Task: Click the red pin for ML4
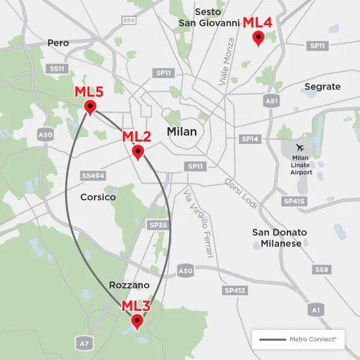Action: tap(258, 39)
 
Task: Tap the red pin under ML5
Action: tap(90, 107)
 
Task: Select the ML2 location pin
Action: tap(138, 152)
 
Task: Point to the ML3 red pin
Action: tap(137, 323)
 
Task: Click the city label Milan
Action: tap(182, 131)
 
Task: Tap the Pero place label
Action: tap(58, 43)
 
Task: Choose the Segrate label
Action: tap(322, 87)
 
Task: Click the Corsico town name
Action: tap(98, 197)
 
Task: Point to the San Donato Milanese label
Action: tap(279, 238)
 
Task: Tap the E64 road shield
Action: tap(128, 20)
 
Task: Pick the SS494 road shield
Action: tap(93, 175)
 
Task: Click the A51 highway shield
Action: tap(272, 101)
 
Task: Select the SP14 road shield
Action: tap(250, 139)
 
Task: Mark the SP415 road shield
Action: tap(294, 202)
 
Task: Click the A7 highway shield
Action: tap(84, 343)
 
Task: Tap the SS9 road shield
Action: tap(322, 270)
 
